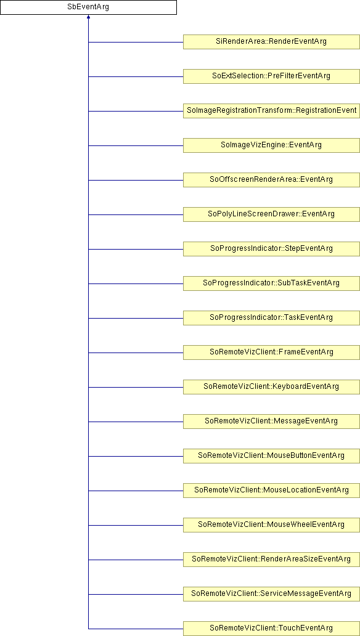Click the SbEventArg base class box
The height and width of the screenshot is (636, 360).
[88, 7]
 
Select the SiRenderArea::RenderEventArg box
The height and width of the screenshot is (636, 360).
[271, 42]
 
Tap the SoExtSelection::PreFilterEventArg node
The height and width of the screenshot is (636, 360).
[271, 76]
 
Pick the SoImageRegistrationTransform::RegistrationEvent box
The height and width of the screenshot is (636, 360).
[271, 111]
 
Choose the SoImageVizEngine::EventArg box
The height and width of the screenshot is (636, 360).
[271, 145]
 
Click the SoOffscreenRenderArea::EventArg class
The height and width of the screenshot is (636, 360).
[271, 180]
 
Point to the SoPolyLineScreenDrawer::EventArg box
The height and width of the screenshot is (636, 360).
[271, 214]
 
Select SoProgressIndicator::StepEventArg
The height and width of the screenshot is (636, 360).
[271, 248]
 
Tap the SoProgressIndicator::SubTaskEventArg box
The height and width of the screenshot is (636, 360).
[271, 283]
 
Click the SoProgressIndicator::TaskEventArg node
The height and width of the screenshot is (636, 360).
[271, 317]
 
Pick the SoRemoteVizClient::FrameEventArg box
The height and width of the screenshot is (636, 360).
[271, 352]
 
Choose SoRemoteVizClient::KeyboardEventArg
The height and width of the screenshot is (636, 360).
[271, 386]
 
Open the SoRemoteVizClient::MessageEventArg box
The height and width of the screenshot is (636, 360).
[271, 421]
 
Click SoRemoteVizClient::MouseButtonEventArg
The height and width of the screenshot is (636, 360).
[271, 455]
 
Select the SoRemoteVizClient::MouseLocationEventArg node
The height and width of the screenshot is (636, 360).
[271, 490]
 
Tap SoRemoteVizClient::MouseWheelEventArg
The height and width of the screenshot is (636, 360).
[271, 524]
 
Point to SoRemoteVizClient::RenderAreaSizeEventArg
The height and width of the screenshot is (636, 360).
[271, 559]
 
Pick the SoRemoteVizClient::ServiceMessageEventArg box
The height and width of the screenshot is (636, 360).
[271, 593]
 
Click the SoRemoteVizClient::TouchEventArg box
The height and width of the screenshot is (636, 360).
[271, 628]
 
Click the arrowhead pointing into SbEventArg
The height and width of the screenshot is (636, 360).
[88, 17]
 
